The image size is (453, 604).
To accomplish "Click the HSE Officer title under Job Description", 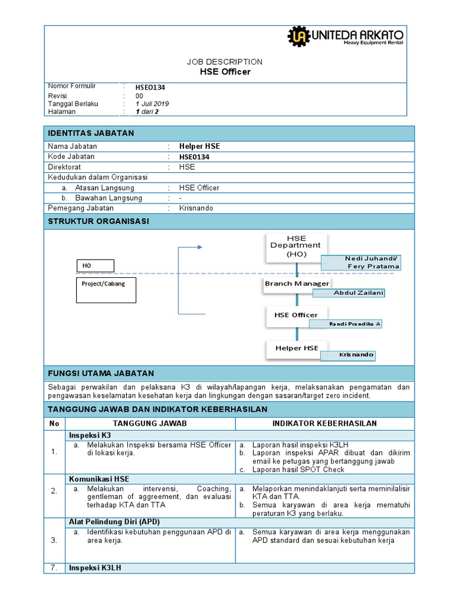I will (225, 72).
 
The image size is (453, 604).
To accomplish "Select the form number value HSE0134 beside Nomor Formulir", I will (150, 87).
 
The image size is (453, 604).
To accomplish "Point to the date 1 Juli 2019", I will (152, 104).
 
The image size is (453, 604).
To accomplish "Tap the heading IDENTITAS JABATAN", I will (91, 133).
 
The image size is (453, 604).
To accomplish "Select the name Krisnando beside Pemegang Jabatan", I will (196, 208).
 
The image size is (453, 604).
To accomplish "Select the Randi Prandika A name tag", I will (354, 324).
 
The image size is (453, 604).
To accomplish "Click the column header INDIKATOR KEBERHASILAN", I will (324, 424).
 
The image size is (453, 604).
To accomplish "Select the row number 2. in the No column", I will (54, 491).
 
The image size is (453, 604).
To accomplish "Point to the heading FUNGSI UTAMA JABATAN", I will (101, 373).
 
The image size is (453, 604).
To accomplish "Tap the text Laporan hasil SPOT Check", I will (298, 470).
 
